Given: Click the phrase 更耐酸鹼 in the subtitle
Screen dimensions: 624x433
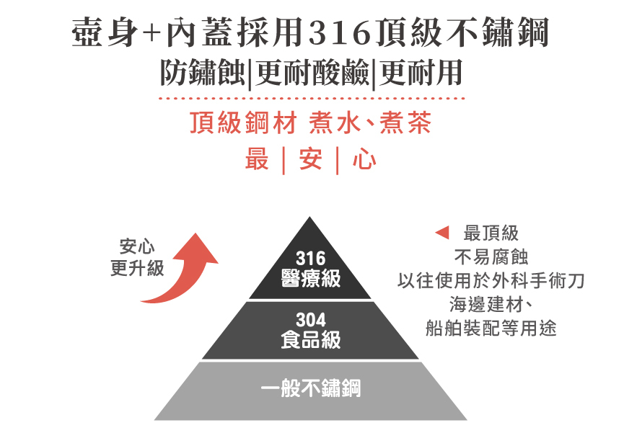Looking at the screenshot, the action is point(312,73).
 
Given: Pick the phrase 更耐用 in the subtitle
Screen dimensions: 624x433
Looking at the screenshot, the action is point(419,73).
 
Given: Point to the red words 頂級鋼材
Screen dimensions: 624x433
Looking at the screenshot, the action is point(242,124).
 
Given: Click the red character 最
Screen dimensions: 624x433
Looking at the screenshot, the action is point(257,159).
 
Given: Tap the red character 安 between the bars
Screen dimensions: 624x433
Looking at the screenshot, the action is point(311,159).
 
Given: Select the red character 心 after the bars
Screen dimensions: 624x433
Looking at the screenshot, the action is point(364,159).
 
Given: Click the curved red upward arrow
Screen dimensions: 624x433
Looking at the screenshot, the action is point(184,271).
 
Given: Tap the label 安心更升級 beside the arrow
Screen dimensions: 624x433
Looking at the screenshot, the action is point(137,257).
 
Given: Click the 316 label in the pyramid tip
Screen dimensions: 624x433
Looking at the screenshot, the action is point(311,259).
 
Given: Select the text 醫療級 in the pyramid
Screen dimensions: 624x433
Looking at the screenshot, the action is point(311,279).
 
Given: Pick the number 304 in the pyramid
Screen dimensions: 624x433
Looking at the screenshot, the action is point(311,320).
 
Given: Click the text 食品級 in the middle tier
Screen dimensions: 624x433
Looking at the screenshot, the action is point(311,340).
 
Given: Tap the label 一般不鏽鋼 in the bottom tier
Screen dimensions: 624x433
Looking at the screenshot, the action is point(311,390).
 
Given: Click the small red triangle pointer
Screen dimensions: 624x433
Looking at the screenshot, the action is point(443,233).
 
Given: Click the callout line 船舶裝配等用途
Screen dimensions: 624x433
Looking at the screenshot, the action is point(491,329).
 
